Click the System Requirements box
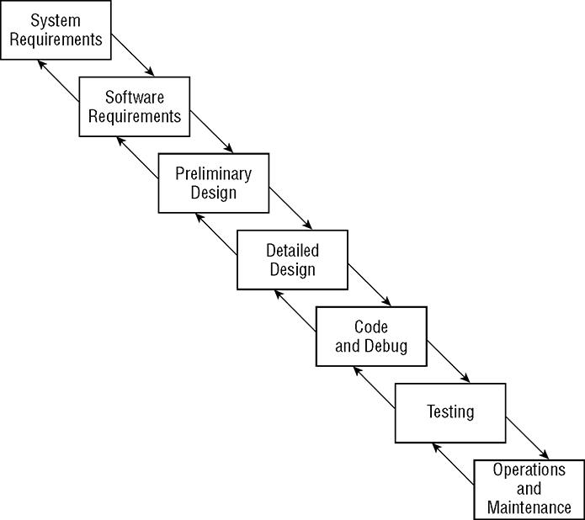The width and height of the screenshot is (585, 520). (x=56, y=30)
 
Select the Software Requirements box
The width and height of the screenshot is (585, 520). (x=134, y=106)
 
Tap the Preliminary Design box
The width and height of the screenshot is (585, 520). (x=214, y=183)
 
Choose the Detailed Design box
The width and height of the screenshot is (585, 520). (x=292, y=260)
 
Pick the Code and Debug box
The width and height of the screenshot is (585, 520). (x=370, y=336)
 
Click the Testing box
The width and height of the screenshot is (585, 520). (x=450, y=412)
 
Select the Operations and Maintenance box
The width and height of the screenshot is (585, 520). (x=529, y=489)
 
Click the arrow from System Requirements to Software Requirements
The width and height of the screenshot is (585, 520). (x=134, y=55)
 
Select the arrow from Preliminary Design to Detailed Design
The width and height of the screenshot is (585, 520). (x=291, y=208)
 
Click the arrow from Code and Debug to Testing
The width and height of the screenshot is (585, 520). (x=449, y=361)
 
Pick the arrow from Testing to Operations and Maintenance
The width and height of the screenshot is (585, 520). (x=528, y=438)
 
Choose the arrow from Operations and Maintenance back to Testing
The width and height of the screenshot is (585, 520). (x=452, y=464)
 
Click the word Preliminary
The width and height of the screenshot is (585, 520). (x=214, y=174)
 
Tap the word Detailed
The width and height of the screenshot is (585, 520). (x=292, y=251)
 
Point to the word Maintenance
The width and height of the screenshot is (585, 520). (x=529, y=507)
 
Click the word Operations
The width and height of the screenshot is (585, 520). (x=529, y=470)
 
